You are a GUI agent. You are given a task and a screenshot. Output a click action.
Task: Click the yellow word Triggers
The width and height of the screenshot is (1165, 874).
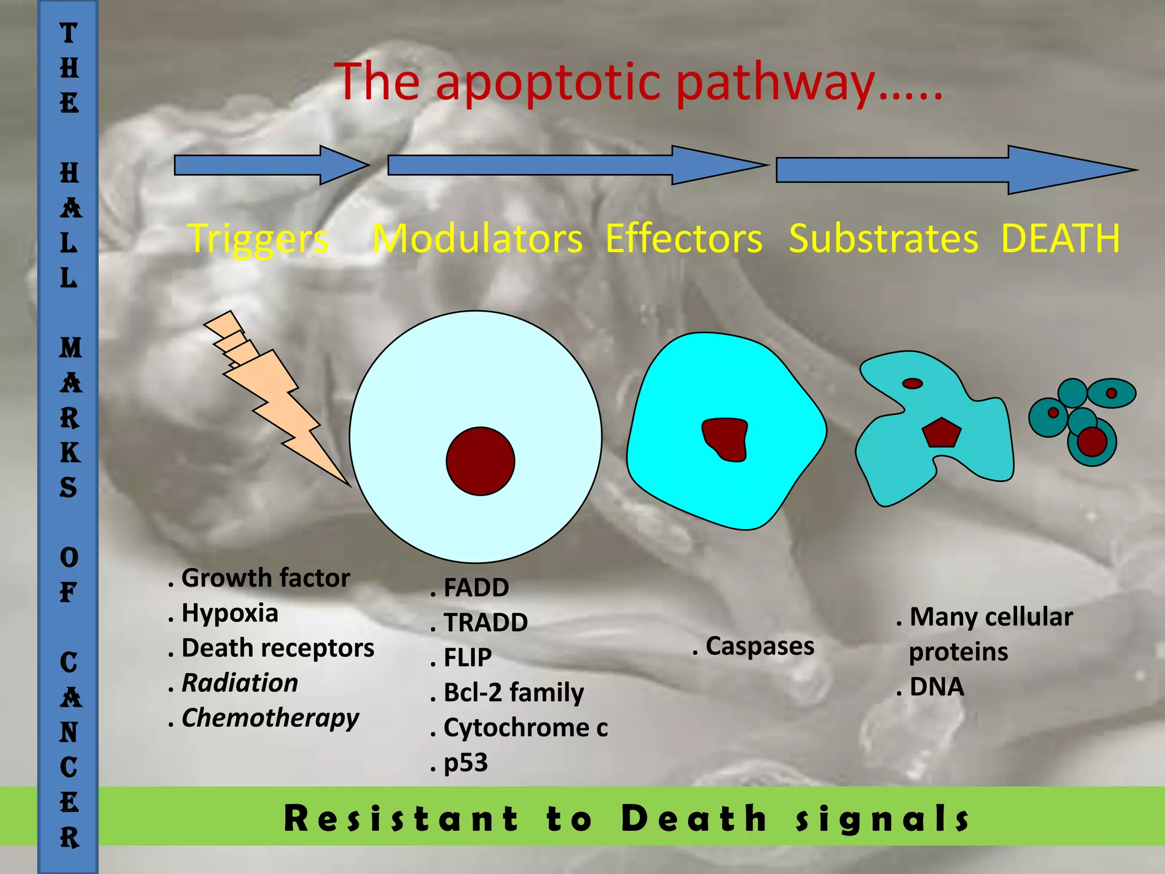tap(258, 239)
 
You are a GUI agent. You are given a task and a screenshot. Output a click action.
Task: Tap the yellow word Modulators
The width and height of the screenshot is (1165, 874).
tap(477, 239)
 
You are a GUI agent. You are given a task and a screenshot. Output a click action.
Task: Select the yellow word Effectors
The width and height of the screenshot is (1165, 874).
tap(683, 239)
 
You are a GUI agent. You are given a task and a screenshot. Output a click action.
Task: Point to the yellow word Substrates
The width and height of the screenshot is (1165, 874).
tap(883, 239)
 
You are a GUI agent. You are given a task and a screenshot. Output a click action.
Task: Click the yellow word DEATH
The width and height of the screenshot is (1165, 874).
tap(1060, 238)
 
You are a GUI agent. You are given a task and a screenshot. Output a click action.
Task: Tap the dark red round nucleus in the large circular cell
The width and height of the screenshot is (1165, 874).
tap(481, 461)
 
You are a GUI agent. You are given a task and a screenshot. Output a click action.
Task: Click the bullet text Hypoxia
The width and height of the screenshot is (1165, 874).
tap(230, 613)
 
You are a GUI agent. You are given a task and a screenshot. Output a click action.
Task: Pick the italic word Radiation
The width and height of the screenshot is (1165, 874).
tap(239, 683)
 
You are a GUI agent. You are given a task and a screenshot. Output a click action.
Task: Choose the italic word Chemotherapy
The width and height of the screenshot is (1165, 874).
tap(270, 718)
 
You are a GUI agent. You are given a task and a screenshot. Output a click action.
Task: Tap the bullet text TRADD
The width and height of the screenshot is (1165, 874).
tap(485, 622)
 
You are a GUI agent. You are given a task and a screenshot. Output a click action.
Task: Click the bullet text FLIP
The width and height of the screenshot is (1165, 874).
tap(468, 658)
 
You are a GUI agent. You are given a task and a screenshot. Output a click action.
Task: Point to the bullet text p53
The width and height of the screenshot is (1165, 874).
tap(466, 763)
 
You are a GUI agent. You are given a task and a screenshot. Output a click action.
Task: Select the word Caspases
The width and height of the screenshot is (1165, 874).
tap(760, 646)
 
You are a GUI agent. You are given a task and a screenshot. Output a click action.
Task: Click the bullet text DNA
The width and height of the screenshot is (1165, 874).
tap(937, 687)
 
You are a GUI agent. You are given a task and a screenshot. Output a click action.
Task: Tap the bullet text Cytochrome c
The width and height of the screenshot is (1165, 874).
tap(526, 728)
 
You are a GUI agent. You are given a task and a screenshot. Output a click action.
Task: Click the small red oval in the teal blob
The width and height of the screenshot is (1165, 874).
tap(912, 384)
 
